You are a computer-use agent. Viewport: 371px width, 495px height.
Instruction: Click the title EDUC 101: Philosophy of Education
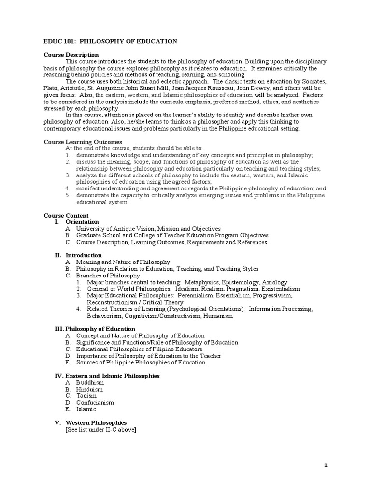point(110,42)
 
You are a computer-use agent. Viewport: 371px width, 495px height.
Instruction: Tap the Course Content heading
point(66,215)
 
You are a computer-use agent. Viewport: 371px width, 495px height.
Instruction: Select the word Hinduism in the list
point(89,389)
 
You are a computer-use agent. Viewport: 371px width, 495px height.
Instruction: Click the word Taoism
point(86,396)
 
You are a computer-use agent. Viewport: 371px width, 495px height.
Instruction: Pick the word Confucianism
point(95,403)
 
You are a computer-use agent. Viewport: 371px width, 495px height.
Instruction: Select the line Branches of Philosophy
point(108,276)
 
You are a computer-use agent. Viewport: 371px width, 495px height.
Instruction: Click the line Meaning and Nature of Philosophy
point(123,262)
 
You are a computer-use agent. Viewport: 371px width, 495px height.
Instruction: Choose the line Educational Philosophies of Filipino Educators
point(139,349)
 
